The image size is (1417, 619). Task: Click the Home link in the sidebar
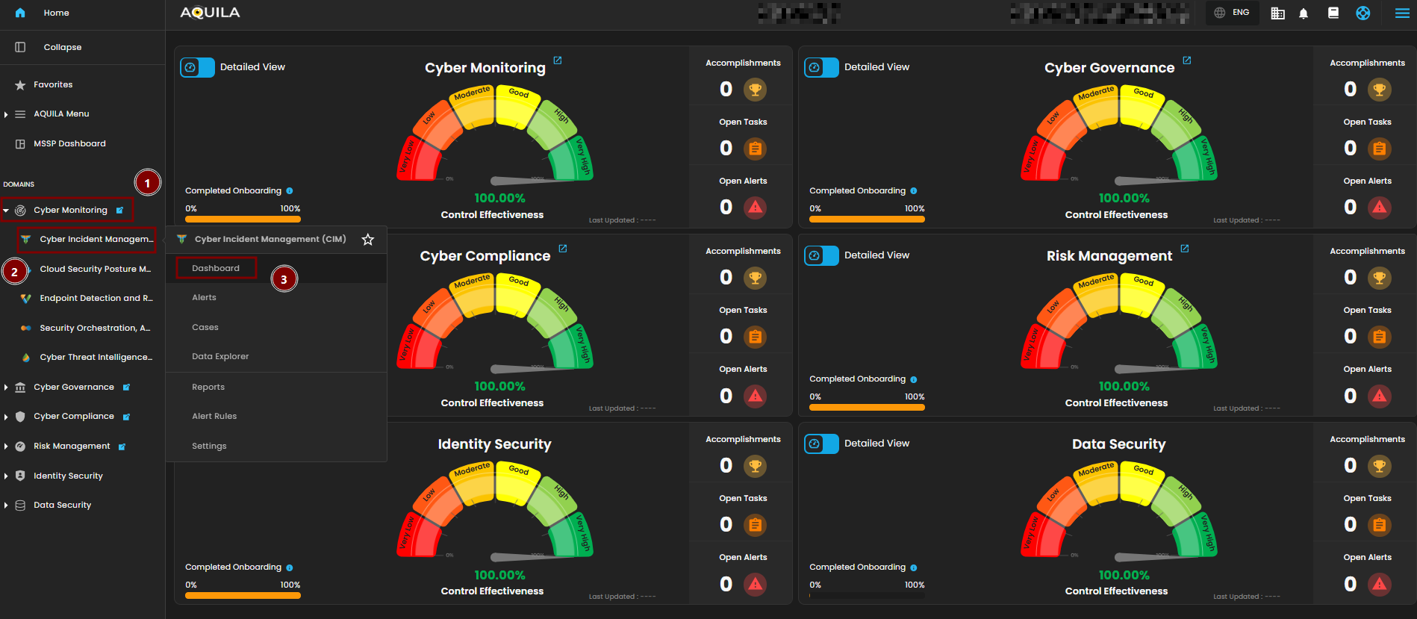(56, 13)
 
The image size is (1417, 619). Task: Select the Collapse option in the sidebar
(62, 47)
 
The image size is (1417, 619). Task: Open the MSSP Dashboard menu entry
(69, 143)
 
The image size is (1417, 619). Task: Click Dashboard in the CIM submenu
(216, 268)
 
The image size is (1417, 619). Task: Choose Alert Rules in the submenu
(214, 416)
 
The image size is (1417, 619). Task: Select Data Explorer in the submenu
(220, 356)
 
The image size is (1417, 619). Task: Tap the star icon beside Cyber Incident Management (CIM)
(368, 240)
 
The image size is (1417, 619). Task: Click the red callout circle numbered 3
(284, 279)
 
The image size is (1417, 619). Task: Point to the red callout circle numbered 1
(148, 183)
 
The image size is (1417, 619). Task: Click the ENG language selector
(1232, 13)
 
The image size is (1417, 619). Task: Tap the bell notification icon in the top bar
(1304, 13)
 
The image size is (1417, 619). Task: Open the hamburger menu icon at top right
(1402, 13)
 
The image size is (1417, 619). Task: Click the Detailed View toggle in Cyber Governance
(821, 67)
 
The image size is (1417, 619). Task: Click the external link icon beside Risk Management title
(1185, 249)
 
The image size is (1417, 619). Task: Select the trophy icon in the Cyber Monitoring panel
(756, 90)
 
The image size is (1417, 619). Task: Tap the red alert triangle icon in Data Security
(1380, 584)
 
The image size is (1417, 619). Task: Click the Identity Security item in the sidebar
(68, 476)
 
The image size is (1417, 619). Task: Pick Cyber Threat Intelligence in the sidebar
(96, 357)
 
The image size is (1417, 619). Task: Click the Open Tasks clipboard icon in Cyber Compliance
(756, 337)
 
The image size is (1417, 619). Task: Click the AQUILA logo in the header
(210, 13)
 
